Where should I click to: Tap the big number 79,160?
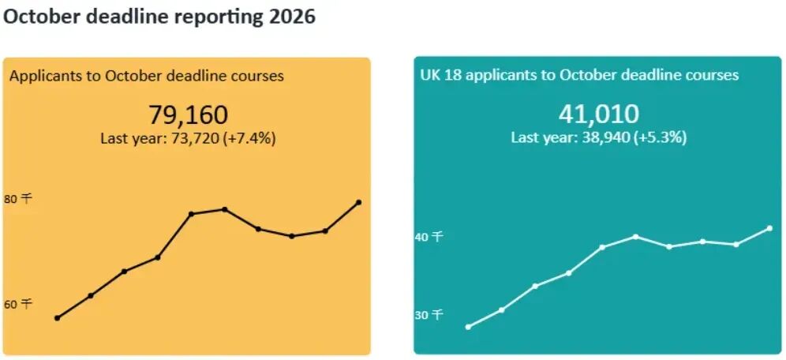(189, 114)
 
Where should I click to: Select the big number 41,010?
(599, 114)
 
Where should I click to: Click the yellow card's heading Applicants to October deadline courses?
(147, 77)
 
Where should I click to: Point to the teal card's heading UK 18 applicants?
(579, 75)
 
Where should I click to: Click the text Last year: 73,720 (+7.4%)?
(188, 138)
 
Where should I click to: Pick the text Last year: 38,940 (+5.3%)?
(599, 137)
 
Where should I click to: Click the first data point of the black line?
(57, 318)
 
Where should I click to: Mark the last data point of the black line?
(359, 203)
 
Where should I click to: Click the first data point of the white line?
(468, 327)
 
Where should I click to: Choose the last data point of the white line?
(769, 228)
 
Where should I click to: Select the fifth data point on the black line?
(191, 214)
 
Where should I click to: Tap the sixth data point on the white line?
(635, 237)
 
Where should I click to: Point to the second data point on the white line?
(501, 309)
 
